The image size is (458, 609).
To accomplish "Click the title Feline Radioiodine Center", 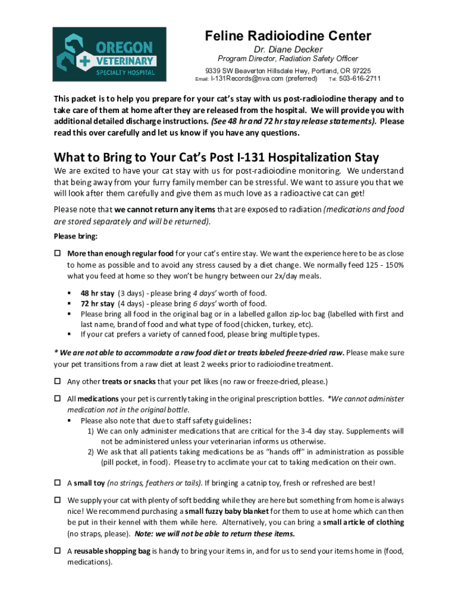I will (x=288, y=36).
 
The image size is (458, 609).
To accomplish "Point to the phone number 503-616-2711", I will (x=360, y=79).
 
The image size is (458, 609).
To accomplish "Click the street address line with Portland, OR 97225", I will (x=288, y=70).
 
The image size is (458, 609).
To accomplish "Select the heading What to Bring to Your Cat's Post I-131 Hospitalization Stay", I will (x=216, y=158).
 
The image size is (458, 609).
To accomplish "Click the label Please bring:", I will (x=73, y=236).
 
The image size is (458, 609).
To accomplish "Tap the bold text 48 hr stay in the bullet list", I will (x=98, y=293).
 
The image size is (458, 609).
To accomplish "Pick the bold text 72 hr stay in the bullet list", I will (x=98, y=303).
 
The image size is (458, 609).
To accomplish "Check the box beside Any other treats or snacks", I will (x=58, y=381).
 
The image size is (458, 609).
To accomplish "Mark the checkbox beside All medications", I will (x=58, y=399).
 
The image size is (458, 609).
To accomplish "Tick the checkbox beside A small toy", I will (x=58, y=482).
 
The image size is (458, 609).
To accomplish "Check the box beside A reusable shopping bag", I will (x=58, y=551).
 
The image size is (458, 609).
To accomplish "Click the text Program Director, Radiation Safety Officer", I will (x=288, y=59).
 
